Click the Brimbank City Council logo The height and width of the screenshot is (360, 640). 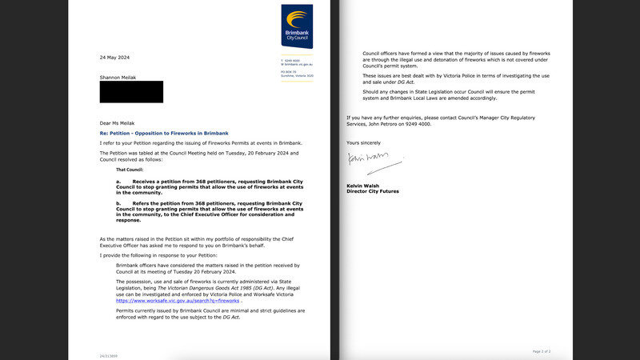click(296, 26)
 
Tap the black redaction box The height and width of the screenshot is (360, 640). click(131, 92)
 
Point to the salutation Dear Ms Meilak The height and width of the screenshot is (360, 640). click(119, 122)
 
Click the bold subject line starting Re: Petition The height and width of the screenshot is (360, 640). click(164, 132)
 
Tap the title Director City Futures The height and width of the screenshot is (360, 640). click(373, 191)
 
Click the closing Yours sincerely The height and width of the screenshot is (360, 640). click(365, 142)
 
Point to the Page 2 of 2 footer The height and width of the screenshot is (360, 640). click(541, 351)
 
